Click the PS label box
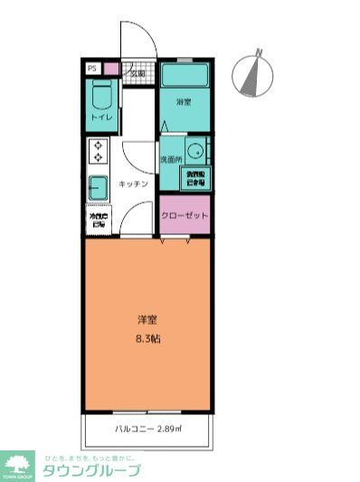(91, 68)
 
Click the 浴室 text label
(184, 103)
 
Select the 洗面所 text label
(172, 159)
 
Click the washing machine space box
(196, 177)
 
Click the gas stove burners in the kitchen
(98, 151)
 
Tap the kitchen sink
(98, 187)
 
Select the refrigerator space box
(98, 220)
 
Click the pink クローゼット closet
(185, 215)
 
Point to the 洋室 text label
(147, 320)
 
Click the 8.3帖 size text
(147, 338)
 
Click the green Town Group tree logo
(16, 464)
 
